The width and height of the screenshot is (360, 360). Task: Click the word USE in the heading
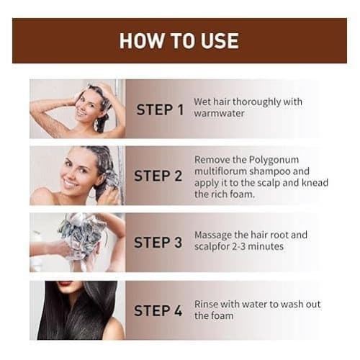pyautogui.click(x=220, y=41)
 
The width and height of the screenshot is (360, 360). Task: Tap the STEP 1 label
pyautogui.click(x=160, y=109)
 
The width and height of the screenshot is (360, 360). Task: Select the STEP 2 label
pyautogui.click(x=158, y=176)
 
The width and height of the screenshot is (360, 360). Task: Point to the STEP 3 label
pyautogui.click(x=158, y=242)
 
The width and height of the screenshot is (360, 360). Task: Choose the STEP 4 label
pyautogui.click(x=158, y=310)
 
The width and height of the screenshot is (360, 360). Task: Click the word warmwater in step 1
pyautogui.click(x=219, y=113)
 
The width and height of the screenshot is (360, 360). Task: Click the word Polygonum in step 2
pyautogui.click(x=274, y=161)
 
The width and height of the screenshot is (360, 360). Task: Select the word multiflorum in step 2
pyautogui.click(x=220, y=171)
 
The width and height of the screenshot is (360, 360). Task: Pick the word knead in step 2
pyautogui.click(x=315, y=183)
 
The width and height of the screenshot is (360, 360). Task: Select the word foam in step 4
pyautogui.click(x=222, y=315)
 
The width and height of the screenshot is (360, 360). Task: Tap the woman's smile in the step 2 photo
pyautogui.click(x=69, y=184)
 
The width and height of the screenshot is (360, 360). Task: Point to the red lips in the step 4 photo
pyautogui.click(x=65, y=283)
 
